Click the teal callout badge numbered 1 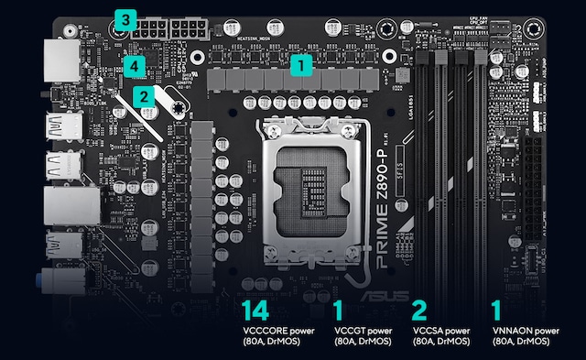click(301, 64)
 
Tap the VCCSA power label click(441, 331)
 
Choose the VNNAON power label click(524, 331)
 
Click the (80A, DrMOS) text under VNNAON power click(522, 342)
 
